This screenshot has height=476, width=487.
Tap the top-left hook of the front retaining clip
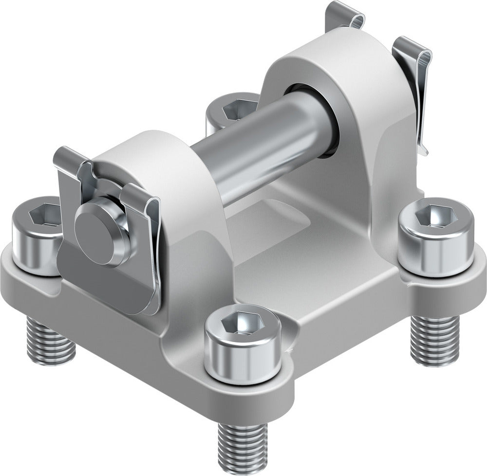pyautogui.click(x=68, y=158)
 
